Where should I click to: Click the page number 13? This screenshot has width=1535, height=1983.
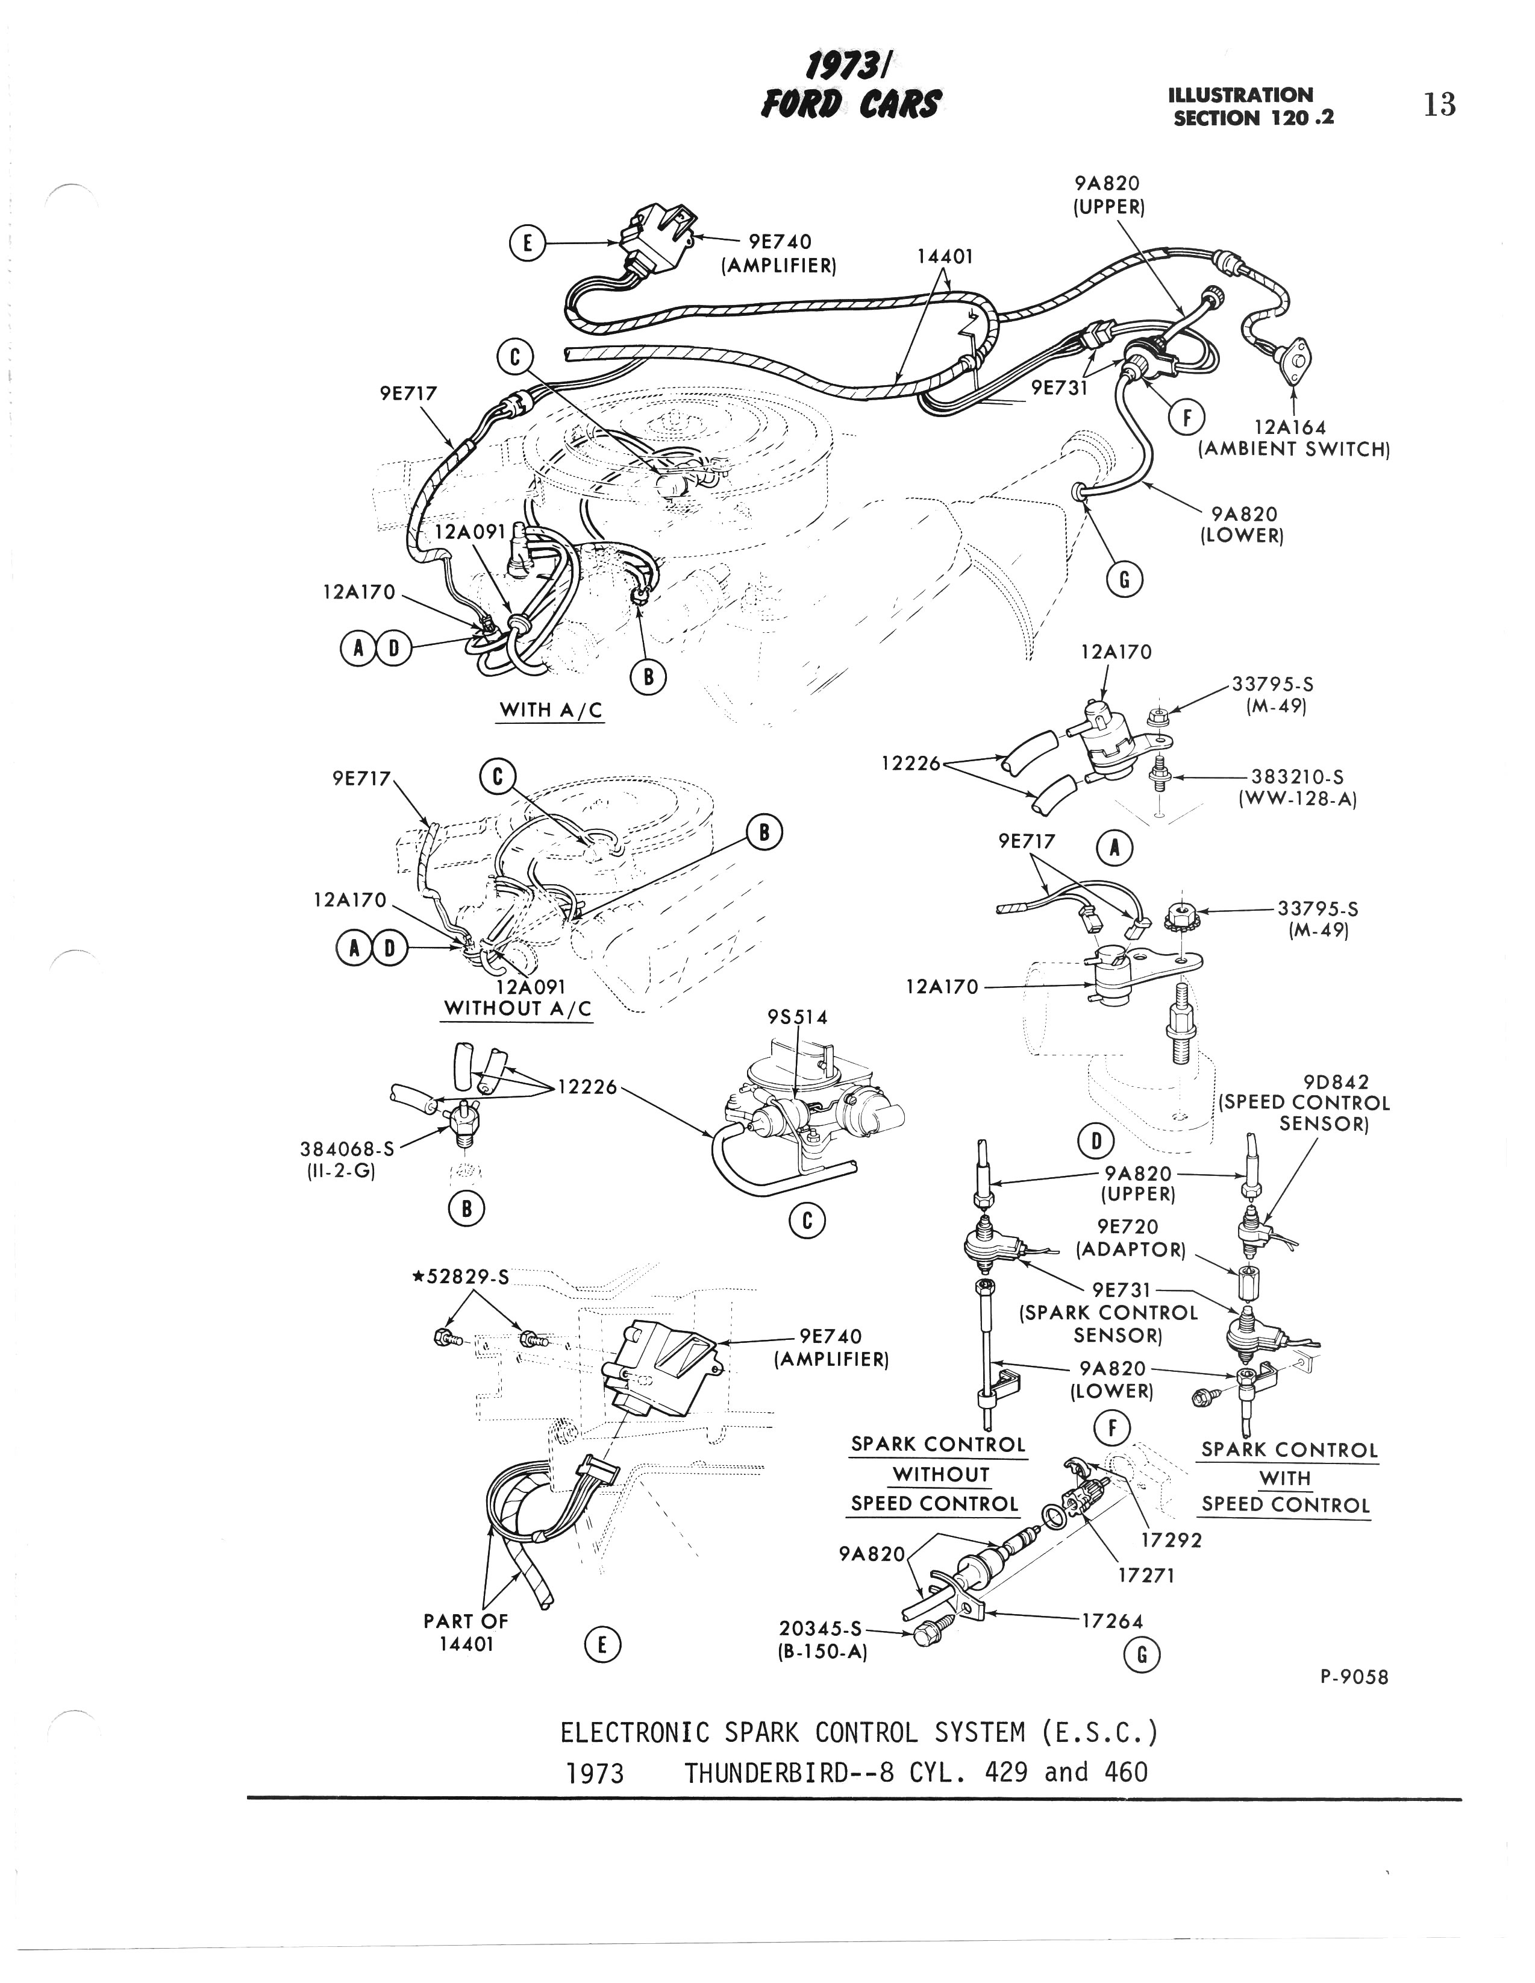[x=1440, y=105]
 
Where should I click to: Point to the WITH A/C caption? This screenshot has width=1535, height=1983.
[x=551, y=710]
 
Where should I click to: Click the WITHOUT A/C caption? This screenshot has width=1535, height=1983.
[x=516, y=1009]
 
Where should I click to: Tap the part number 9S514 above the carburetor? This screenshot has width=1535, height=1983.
[x=797, y=1017]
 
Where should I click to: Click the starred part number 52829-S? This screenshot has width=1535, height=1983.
[x=461, y=1277]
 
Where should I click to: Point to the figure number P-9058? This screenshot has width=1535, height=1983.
[x=1354, y=1677]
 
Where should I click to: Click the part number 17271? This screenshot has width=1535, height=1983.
[x=1146, y=1576]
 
